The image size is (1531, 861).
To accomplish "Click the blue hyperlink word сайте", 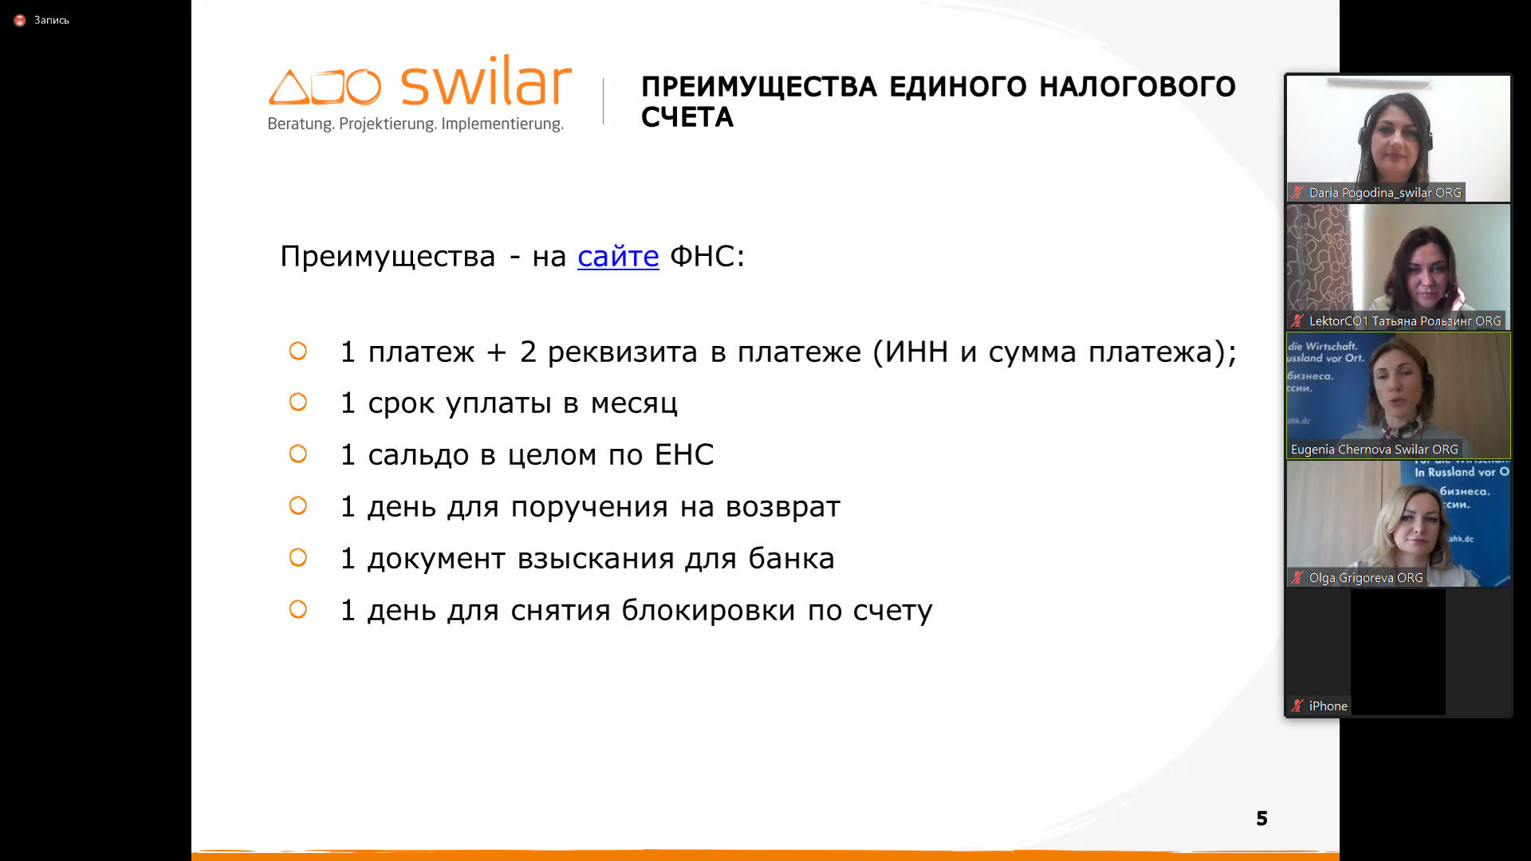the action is tap(618, 256).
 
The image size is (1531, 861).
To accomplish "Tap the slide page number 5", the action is tap(1261, 818).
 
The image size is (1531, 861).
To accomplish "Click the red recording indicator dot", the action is tap(20, 20).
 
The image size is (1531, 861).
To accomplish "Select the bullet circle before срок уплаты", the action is tap(298, 402).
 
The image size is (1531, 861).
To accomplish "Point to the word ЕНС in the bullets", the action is tap(684, 454).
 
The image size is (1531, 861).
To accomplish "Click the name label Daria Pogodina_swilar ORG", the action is tap(1385, 192).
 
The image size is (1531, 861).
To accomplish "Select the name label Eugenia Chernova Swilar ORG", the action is tap(1374, 449).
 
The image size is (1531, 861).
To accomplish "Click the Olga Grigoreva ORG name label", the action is tap(1366, 577).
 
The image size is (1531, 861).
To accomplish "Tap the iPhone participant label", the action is tap(1328, 706).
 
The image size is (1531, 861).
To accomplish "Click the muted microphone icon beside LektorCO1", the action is tap(1297, 320).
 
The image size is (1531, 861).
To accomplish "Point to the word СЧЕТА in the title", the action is tap(687, 117).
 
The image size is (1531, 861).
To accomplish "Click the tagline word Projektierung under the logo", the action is tap(387, 124).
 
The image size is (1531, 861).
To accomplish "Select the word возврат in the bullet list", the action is tap(782, 506).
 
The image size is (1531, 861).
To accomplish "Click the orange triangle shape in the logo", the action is tap(289, 87).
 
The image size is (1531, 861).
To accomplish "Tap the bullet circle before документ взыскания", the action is tap(298, 557).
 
